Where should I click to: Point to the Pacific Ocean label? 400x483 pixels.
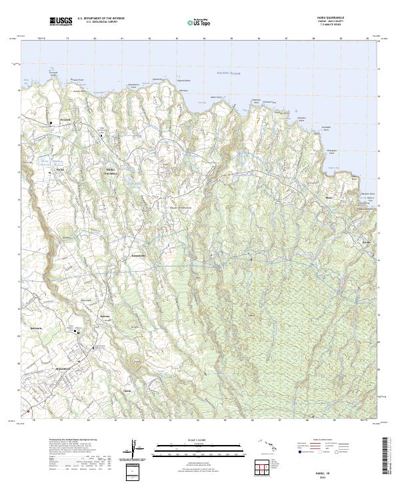(231, 73)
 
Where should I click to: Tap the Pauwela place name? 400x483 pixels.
(64, 120)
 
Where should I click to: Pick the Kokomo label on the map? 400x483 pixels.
(103, 316)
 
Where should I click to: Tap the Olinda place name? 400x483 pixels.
(128, 390)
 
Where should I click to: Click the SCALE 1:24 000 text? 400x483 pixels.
(200, 440)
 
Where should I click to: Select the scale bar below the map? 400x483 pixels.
(200, 448)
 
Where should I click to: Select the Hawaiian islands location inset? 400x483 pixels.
(273, 447)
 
